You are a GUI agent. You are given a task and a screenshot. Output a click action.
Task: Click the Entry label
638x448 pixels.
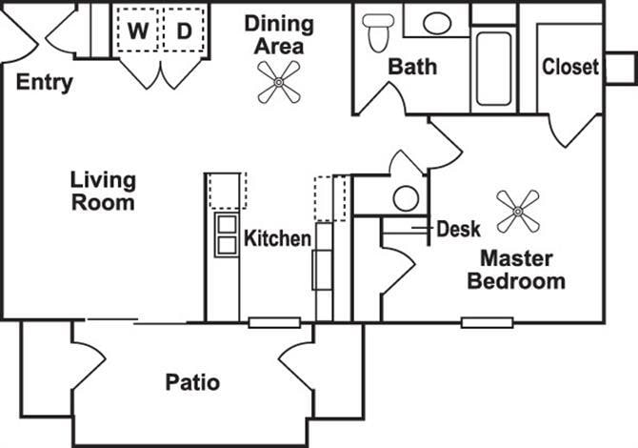click(x=45, y=83)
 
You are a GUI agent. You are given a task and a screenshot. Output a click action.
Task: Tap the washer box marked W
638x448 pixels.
click(x=139, y=31)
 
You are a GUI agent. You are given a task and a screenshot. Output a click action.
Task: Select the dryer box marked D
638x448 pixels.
click(x=184, y=31)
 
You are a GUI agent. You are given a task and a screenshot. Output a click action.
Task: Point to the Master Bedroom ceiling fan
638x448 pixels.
click(x=519, y=211)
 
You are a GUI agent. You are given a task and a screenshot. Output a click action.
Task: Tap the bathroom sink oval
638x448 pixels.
click(x=437, y=23)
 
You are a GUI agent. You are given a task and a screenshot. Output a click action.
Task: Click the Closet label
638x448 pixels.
click(x=570, y=67)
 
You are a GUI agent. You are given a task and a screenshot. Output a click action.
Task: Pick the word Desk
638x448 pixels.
click(x=458, y=229)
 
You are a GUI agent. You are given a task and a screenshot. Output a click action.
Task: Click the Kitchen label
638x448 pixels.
click(x=278, y=238)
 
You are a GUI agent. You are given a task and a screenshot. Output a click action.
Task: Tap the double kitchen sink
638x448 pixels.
click(x=227, y=234)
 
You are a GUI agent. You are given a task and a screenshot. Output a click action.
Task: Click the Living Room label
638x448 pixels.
click(x=103, y=191)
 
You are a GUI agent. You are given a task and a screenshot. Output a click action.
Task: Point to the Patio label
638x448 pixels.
click(x=192, y=383)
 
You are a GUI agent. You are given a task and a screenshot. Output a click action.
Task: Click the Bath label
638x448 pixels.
click(x=412, y=67)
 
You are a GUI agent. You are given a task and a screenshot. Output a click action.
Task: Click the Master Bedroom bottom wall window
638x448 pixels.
click(x=481, y=322)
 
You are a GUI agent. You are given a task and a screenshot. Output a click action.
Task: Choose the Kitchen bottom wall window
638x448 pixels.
click(x=268, y=322)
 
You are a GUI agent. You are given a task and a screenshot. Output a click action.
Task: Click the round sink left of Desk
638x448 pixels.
click(x=406, y=198)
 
